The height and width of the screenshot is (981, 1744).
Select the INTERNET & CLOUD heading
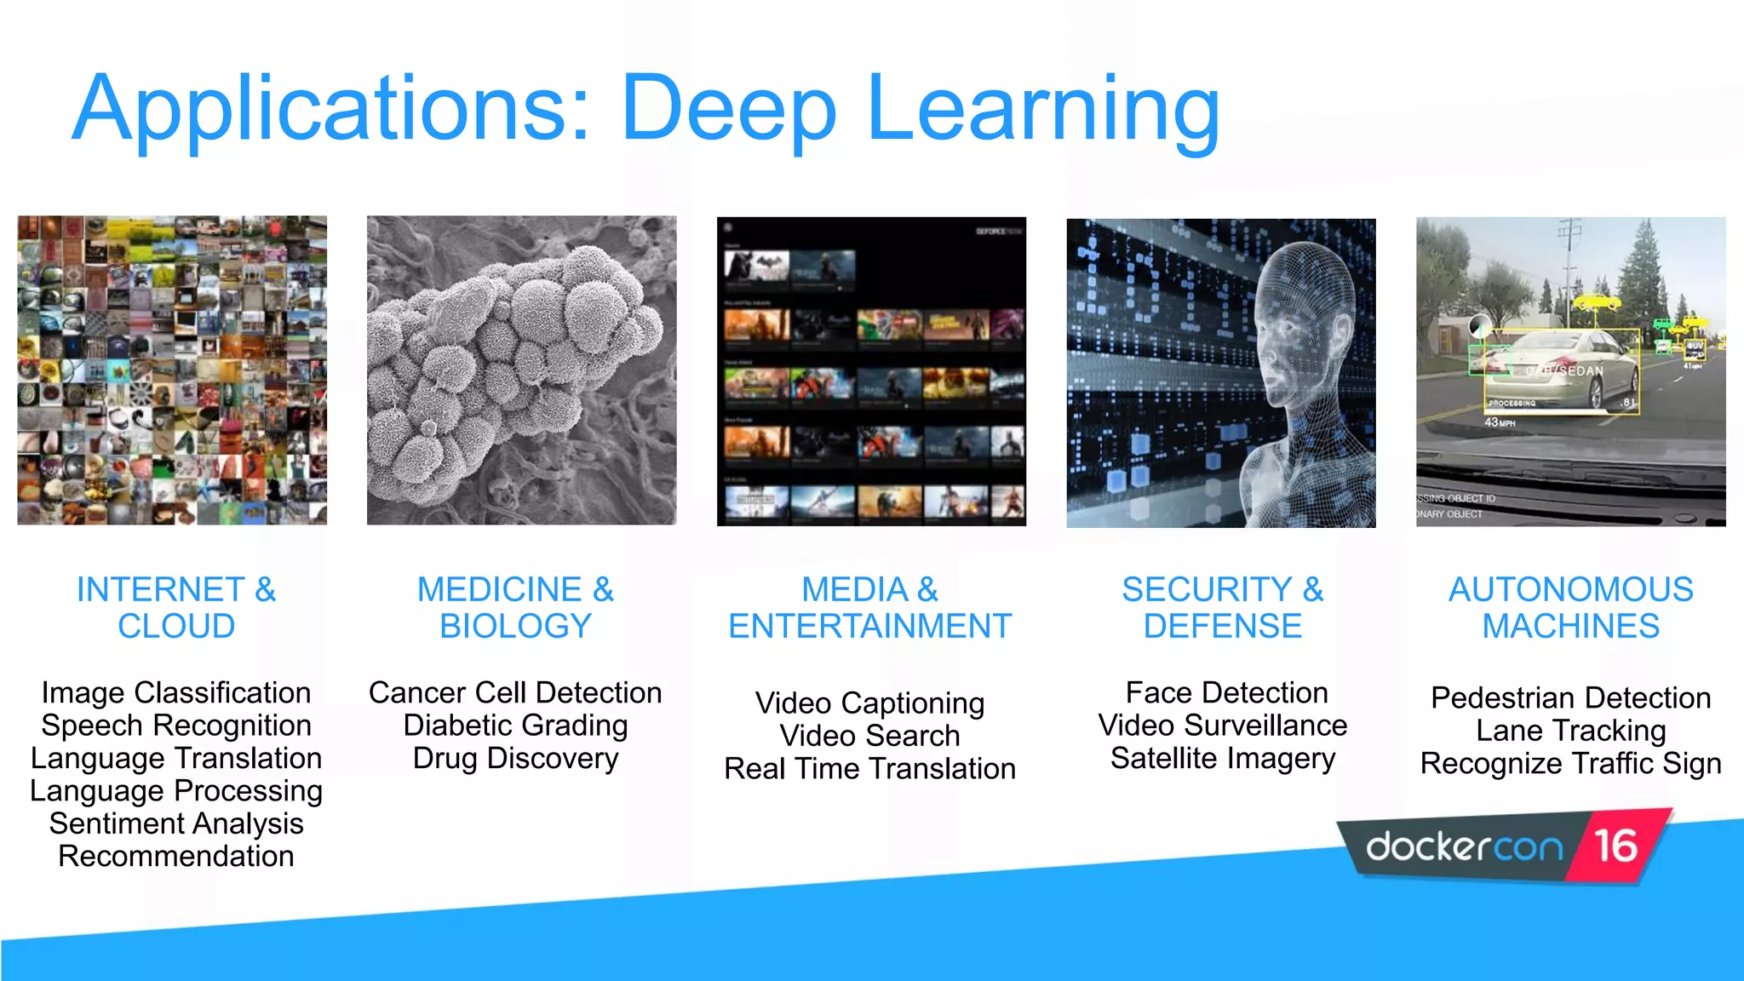coord(176,607)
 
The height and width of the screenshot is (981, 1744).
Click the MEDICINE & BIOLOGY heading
coord(515,607)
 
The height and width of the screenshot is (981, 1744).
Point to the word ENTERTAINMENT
coord(869,627)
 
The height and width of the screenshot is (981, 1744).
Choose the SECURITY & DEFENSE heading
coord(1223,607)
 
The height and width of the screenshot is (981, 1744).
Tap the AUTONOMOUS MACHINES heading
coord(1571,607)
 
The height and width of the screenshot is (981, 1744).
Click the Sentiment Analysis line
coord(176,823)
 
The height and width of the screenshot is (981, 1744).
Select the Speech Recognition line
coord(176,726)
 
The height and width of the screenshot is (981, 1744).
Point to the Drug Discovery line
coord(515,758)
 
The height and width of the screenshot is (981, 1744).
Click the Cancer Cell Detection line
coord(515,692)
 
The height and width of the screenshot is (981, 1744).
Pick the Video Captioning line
coord(869,703)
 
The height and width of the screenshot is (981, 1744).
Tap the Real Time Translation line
coord(869,769)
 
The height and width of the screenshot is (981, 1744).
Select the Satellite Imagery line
coord(1223,758)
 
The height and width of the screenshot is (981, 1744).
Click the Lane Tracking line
coord(1571,731)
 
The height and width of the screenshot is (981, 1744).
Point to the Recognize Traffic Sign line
coord(1571,764)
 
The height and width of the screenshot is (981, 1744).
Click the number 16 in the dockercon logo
coord(1615,846)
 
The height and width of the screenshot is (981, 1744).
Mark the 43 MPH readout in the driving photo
coord(1500,422)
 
